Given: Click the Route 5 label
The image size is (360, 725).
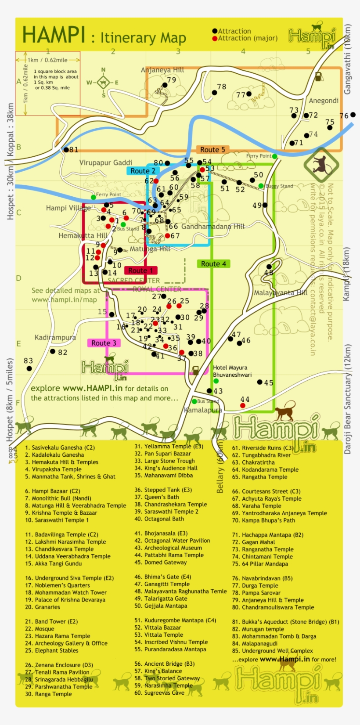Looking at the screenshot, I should click(212, 150).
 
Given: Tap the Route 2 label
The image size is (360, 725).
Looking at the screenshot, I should click(143, 171).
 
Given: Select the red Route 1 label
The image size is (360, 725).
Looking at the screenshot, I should click(140, 271).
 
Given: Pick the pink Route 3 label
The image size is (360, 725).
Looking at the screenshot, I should click(104, 343).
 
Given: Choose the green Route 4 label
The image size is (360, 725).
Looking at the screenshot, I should click(213, 264).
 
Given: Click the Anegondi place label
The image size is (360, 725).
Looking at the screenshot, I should click(324, 101).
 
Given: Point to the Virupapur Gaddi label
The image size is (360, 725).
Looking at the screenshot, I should click(105, 162).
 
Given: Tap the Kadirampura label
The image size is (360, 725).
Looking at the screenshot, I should click(55, 337).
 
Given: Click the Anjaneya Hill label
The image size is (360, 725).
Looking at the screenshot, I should click(162, 70).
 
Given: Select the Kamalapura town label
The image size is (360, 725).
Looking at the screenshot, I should click(203, 410).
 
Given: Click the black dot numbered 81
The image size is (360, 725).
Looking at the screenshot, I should click(66, 150).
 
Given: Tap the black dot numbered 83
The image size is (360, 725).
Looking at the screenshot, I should click(29, 368).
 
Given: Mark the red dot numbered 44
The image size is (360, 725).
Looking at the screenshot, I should click(243, 405).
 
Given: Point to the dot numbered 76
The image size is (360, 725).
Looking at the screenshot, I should click(353, 115).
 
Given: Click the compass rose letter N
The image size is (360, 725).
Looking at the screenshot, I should click(104, 70).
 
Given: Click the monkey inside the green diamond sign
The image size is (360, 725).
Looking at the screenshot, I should click(321, 165).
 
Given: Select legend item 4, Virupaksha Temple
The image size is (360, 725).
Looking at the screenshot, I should click(53, 469).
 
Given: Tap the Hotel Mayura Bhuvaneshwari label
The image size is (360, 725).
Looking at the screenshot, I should click(232, 371).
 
